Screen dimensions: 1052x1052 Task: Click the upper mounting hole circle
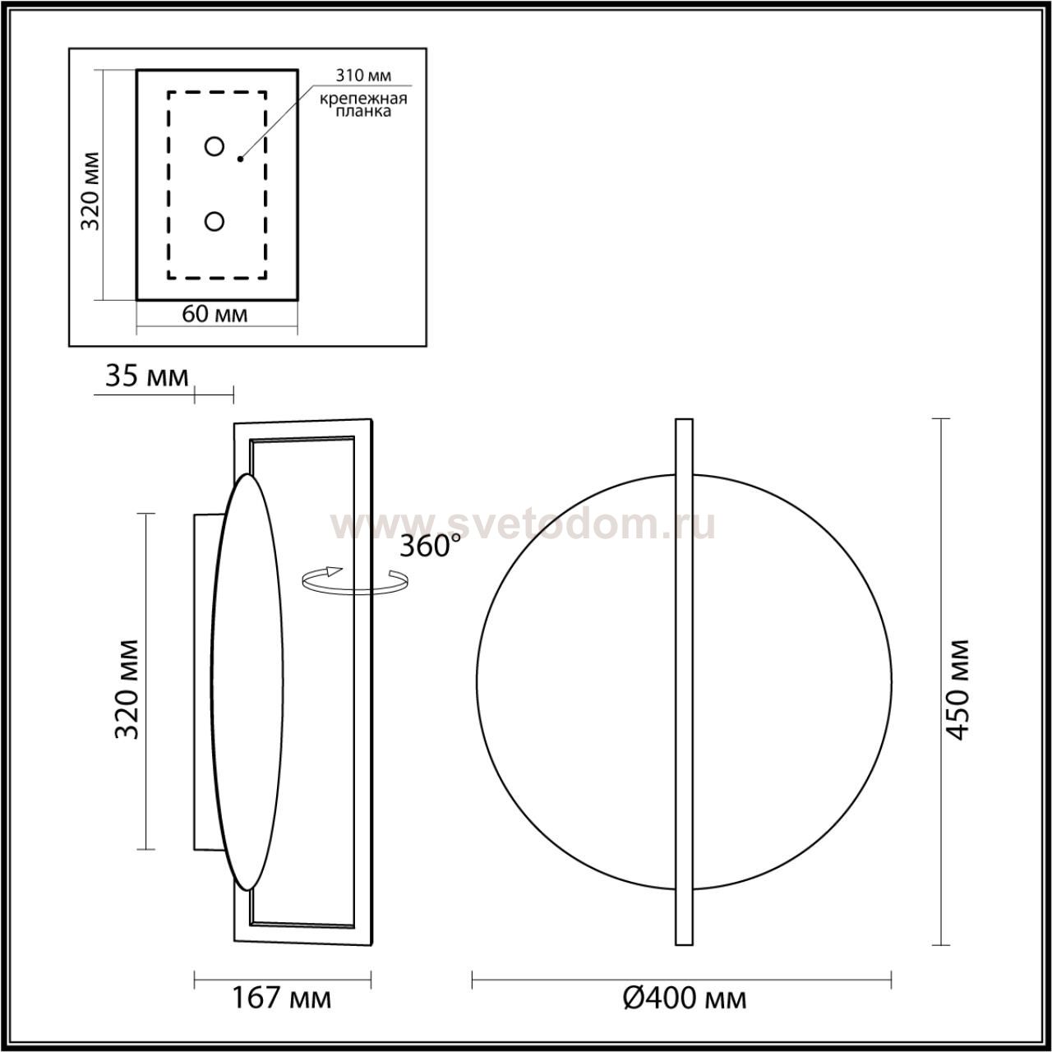[214, 146]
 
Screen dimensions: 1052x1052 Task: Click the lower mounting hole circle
[214, 222]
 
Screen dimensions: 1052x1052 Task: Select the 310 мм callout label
[363, 76]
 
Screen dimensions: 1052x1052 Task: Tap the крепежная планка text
[363, 105]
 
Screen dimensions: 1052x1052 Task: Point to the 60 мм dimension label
[215, 314]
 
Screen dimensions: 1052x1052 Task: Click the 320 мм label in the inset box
[90, 191]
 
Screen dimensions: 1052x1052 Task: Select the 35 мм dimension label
[146, 376]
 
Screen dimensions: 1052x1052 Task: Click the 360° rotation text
[430, 545]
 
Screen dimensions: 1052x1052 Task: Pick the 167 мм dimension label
[282, 998]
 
